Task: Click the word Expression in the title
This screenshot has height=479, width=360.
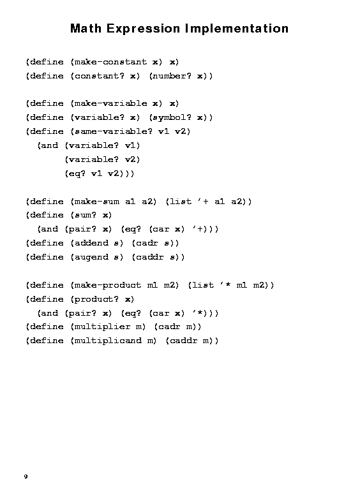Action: [x=143, y=29]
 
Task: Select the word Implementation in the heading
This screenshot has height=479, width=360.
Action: [x=237, y=29]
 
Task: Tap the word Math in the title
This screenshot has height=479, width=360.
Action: [x=86, y=29]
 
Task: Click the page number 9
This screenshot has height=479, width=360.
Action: [x=26, y=476]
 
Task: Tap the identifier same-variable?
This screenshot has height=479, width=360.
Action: [x=113, y=131]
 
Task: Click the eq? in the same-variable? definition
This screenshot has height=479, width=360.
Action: [x=75, y=173]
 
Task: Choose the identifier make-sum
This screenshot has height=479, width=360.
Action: [x=96, y=202]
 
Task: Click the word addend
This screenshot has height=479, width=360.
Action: [x=91, y=243]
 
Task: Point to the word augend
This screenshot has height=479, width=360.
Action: [x=91, y=257]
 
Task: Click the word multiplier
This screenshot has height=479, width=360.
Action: [x=102, y=327]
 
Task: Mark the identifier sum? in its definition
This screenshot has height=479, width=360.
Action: [x=86, y=215]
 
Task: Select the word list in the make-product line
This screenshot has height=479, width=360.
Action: [x=202, y=285]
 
